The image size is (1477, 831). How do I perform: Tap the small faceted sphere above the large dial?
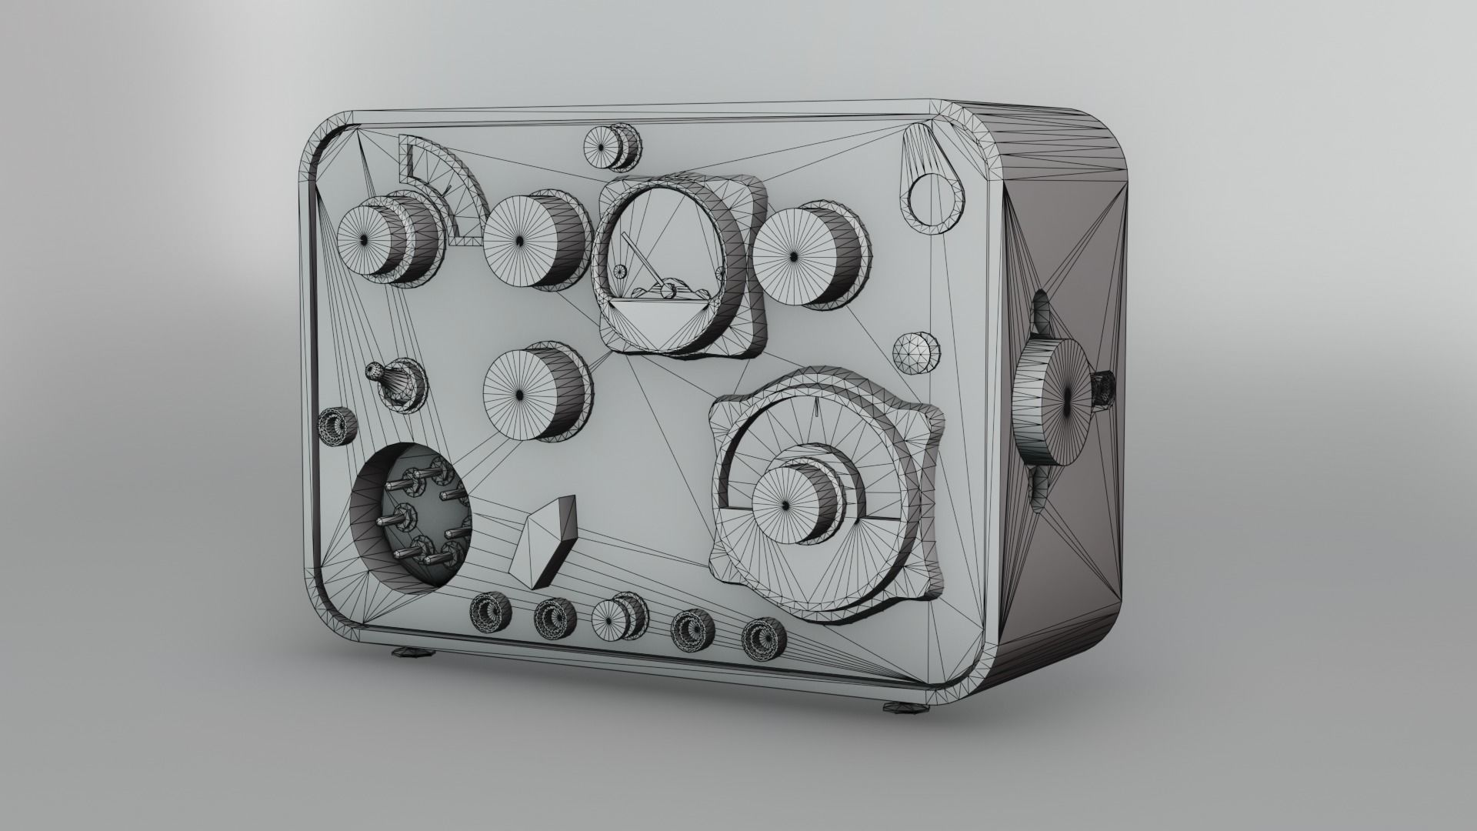(x=915, y=353)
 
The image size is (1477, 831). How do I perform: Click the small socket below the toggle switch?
(x=337, y=429)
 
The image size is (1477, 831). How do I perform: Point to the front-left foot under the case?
(x=414, y=654)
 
